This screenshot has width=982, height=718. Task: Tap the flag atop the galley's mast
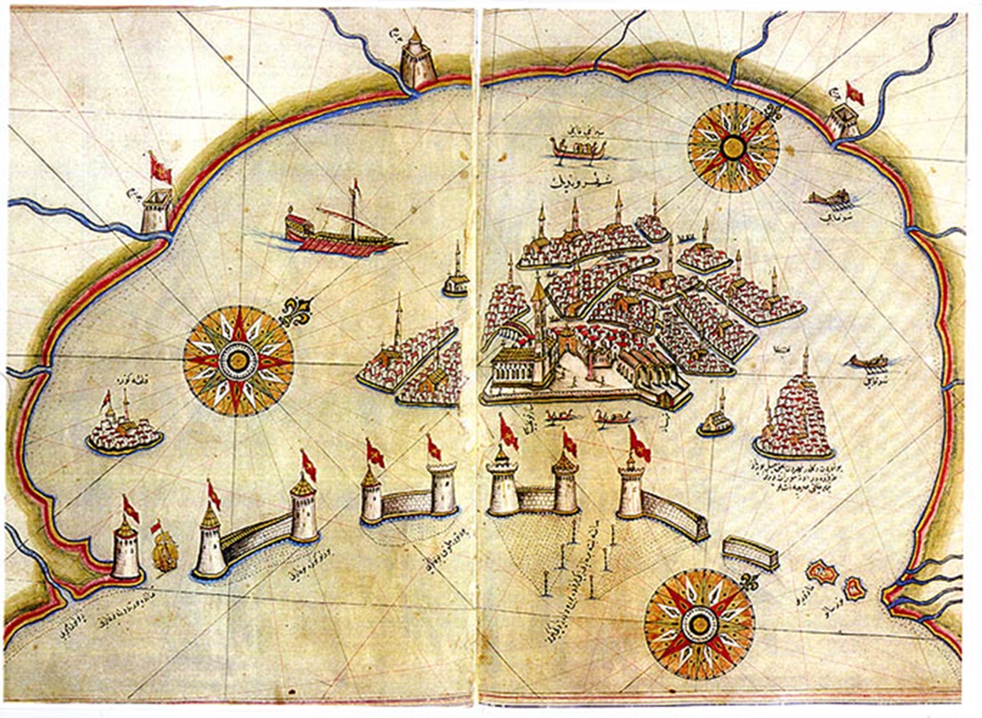point(355,185)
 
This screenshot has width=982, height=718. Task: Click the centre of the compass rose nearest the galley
point(238,361)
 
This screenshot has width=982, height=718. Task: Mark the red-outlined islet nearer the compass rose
point(821,573)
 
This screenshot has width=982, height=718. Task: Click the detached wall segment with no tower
point(750,552)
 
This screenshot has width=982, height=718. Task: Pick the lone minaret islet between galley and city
point(456,280)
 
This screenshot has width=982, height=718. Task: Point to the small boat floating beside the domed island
point(867,362)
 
